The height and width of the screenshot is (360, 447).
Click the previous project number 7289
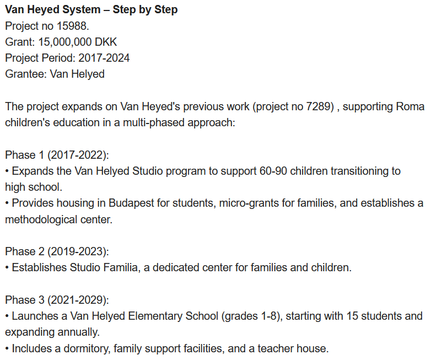pyautogui.click(x=319, y=106)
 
